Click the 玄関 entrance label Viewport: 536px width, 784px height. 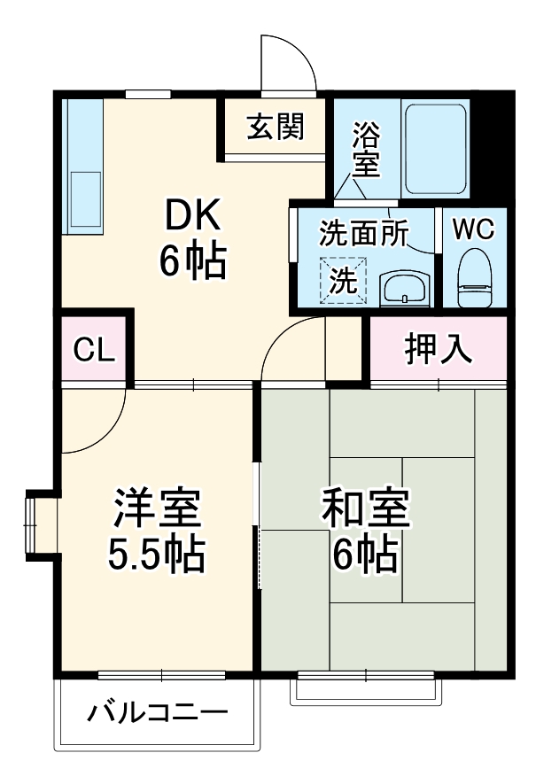tap(275, 128)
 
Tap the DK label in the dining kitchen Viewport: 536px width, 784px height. tap(191, 213)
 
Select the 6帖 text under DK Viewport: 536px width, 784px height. tap(191, 260)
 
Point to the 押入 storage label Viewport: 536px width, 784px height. tap(438, 350)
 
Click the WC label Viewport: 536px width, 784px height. tap(474, 229)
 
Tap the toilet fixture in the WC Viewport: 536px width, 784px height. tap(474, 276)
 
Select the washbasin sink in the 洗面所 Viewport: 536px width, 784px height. tap(406, 288)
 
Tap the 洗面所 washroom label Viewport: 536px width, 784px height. tap(363, 232)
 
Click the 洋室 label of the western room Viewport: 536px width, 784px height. tap(157, 508)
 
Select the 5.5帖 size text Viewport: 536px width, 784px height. tap(157, 555)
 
